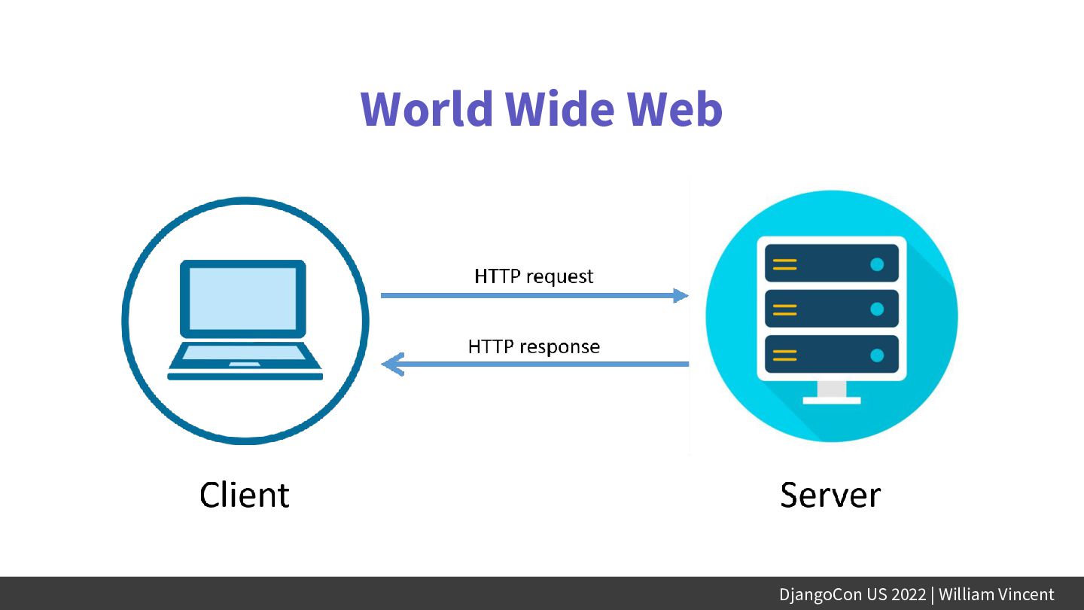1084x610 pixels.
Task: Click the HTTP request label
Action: (534, 276)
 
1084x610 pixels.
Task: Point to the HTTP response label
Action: (534, 346)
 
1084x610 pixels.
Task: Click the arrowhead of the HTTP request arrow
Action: (681, 295)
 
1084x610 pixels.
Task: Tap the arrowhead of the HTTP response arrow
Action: (391, 365)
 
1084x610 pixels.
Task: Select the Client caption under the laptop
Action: (244, 495)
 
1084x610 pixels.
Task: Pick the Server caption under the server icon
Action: (830, 495)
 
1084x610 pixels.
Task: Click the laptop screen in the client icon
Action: (242, 298)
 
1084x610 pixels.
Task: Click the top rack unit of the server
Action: (831, 264)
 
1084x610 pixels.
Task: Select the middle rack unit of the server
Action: (831, 309)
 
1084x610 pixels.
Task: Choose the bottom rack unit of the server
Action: (831, 354)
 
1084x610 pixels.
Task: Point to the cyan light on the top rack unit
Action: (877, 264)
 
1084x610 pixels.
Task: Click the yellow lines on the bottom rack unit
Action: (784, 355)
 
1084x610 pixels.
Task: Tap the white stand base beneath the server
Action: (831, 400)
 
